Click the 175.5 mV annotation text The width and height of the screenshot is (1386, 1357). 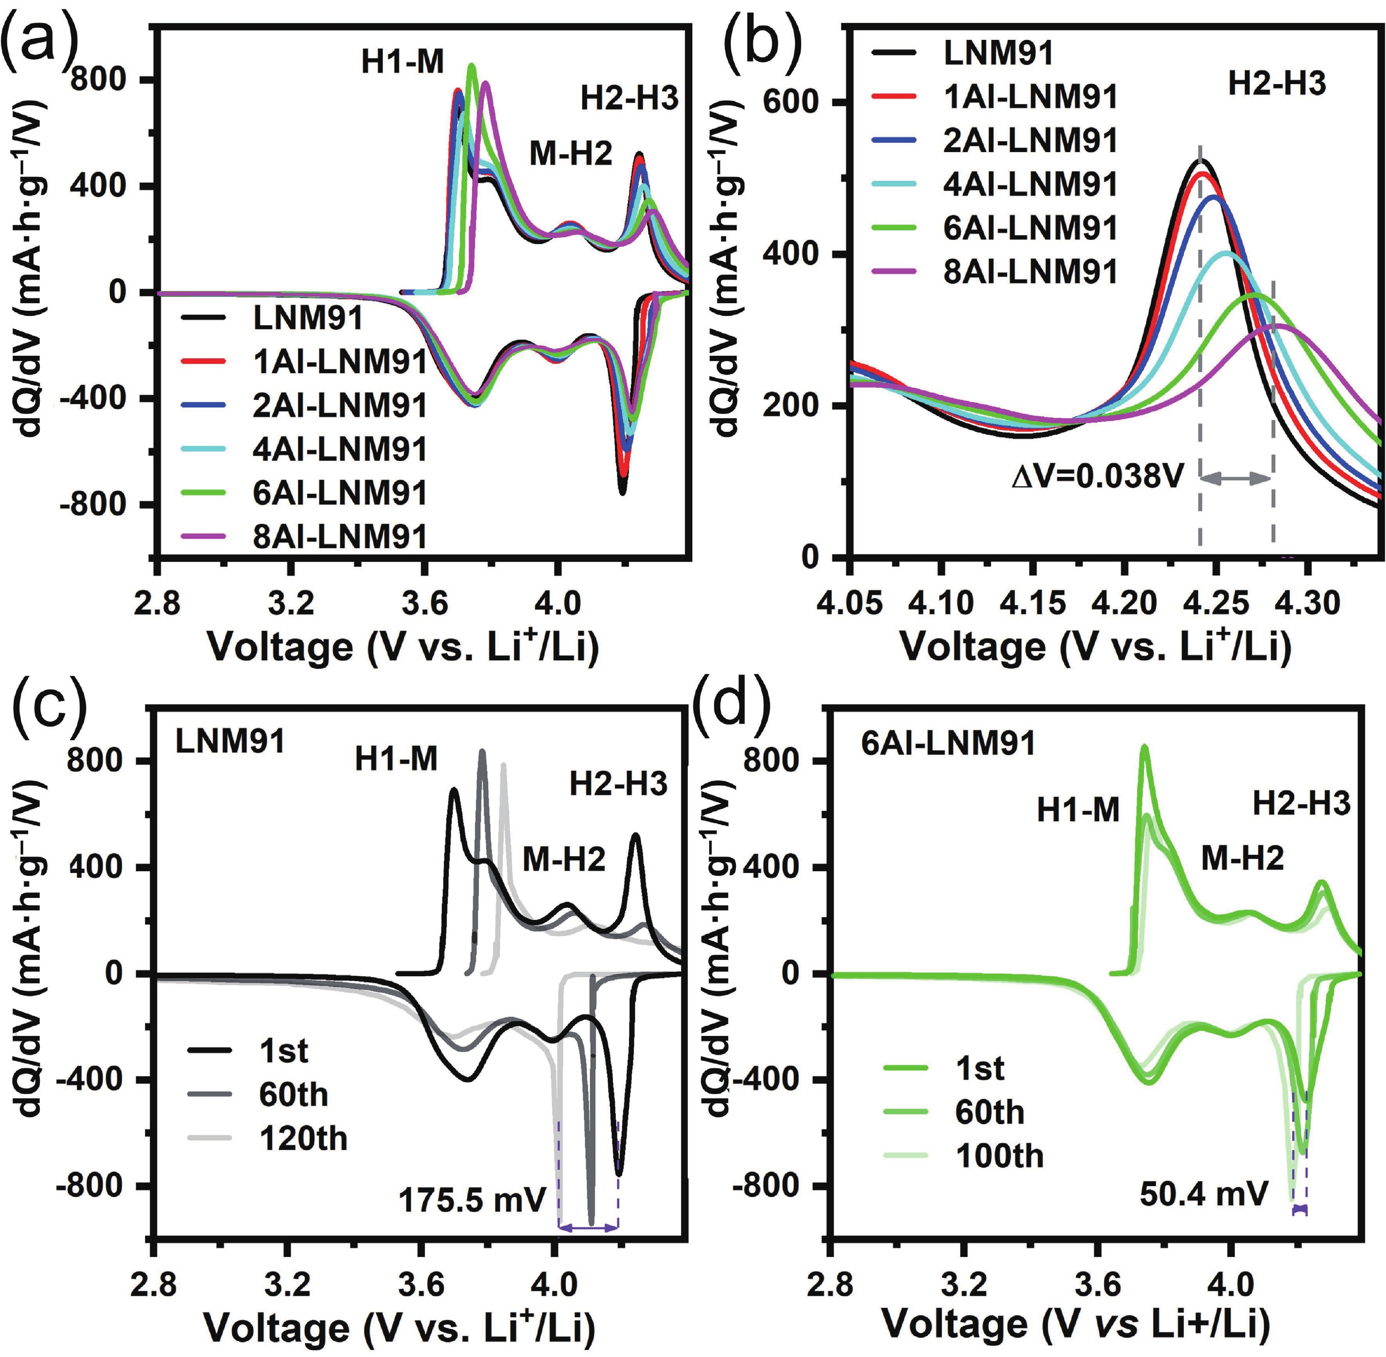[472, 1201]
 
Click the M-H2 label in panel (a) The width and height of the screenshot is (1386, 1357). [570, 153]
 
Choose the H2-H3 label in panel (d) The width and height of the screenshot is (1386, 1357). [1301, 804]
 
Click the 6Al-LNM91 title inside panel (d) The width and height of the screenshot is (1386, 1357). [948, 744]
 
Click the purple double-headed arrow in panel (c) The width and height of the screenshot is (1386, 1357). [589, 1227]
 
